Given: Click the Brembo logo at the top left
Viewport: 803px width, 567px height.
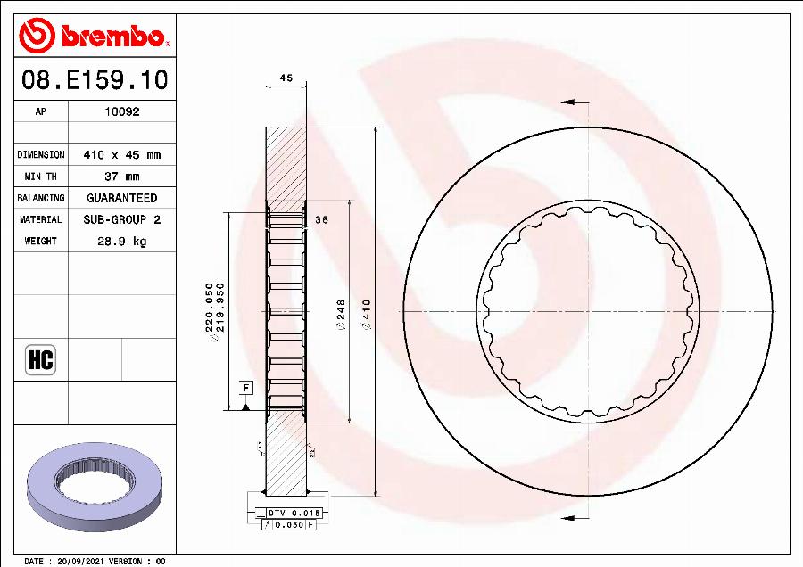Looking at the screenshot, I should [94, 37].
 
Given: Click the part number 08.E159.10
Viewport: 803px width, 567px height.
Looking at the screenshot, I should [95, 81].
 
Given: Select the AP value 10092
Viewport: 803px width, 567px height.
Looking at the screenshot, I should [122, 112].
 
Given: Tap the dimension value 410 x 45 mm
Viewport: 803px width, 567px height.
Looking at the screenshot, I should [122, 155].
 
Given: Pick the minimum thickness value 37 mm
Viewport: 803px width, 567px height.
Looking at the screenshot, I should [122, 177].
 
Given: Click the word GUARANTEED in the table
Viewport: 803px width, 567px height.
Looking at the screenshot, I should [122, 198].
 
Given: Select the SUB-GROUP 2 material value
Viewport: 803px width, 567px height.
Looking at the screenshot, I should [122, 219].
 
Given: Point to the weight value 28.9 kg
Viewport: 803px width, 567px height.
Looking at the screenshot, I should [122, 241].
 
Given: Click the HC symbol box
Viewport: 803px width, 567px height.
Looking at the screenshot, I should [41, 359].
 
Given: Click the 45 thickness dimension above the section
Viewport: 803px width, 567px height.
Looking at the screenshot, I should [286, 78].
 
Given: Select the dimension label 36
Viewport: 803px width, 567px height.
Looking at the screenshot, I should [323, 220].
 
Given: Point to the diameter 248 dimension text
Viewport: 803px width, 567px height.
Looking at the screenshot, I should [340, 316].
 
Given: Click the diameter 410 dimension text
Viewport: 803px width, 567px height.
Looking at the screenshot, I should [366, 316].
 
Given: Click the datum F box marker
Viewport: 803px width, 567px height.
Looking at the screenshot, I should [244, 388].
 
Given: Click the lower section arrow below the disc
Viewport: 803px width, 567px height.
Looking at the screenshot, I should [570, 518].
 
